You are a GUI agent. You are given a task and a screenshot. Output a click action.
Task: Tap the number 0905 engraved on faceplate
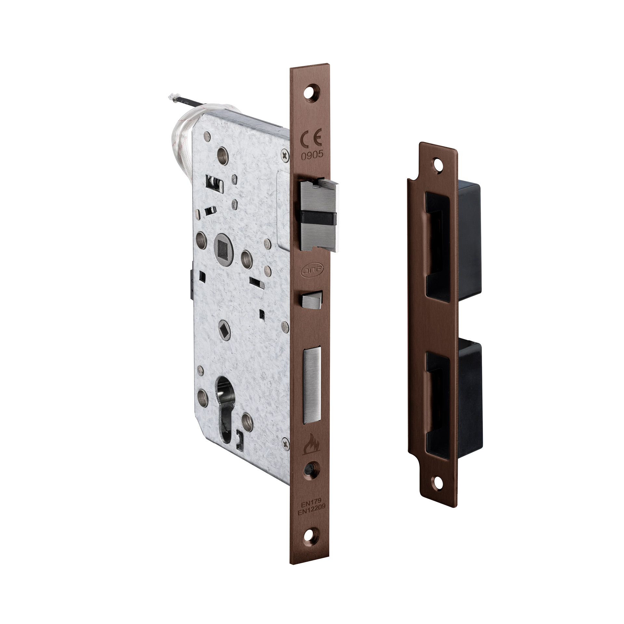(312, 155)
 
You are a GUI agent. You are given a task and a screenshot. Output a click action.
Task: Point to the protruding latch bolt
(319, 215)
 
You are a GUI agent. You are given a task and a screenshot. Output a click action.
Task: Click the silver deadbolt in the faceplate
(312, 385)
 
